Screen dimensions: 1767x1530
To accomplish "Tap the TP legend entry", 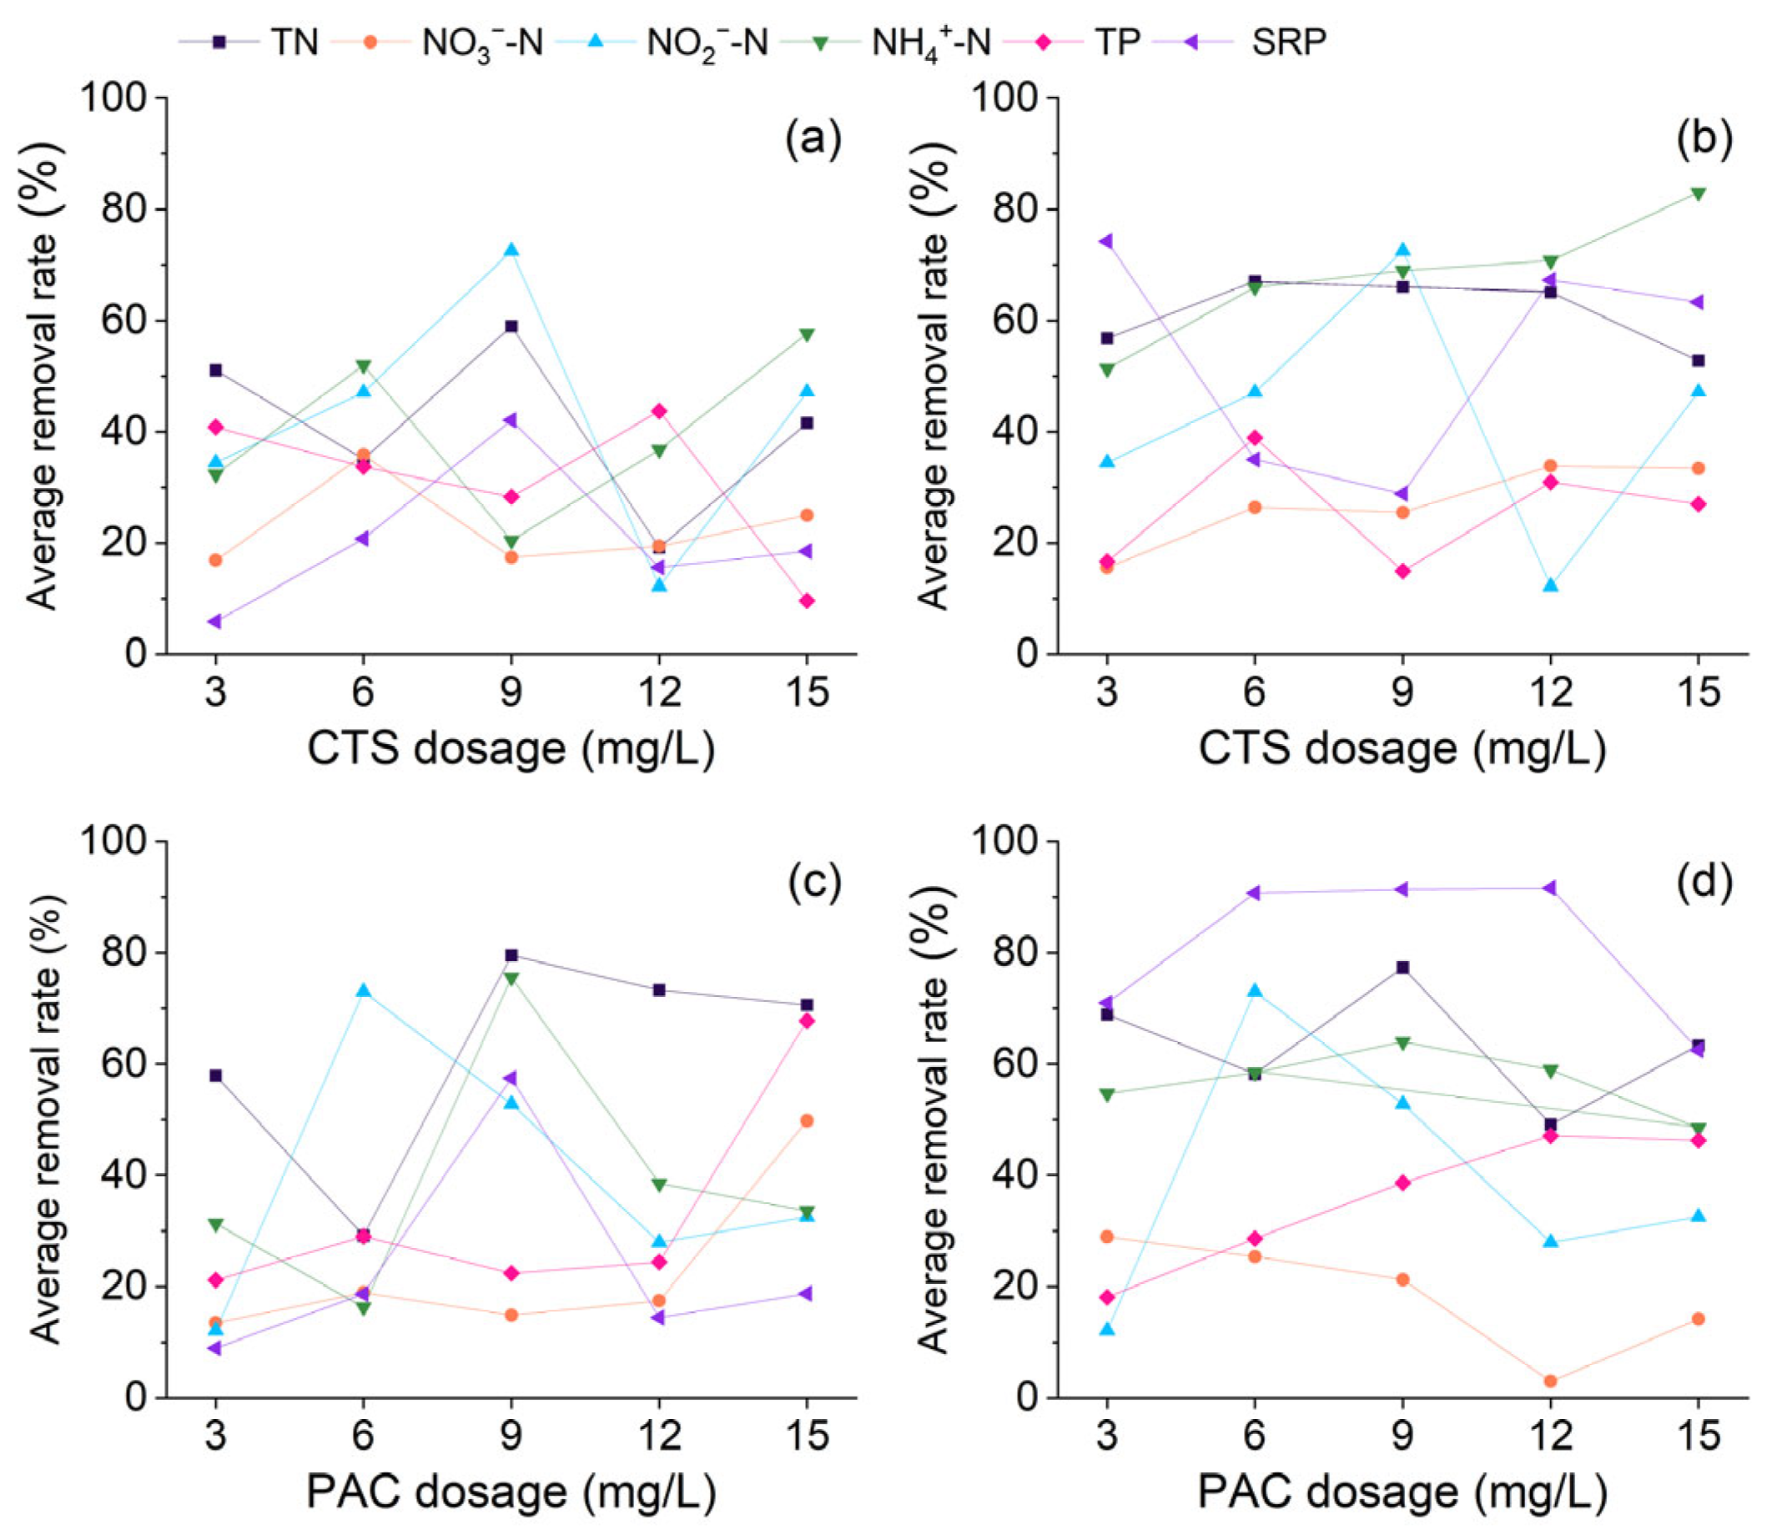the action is click(x=1080, y=41).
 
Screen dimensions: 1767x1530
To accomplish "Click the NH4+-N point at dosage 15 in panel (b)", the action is click(x=1698, y=194).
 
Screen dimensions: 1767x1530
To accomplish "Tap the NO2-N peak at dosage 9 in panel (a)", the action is click(x=511, y=249).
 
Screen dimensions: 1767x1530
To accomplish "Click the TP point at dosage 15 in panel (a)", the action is click(x=807, y=601).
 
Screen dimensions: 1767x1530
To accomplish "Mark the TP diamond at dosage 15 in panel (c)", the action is click(x=807, y=1021).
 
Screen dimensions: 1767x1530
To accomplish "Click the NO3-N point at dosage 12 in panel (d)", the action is click(x=1550, y=1381).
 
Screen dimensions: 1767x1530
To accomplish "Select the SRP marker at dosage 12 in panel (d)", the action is click(x=1550, y=888).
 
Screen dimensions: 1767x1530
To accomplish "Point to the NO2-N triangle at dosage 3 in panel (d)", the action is click(x=1107, y=1329).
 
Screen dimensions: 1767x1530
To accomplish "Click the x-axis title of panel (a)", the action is click(x=511, y=749).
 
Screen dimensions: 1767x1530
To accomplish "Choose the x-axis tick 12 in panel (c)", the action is click(x=660, y=1436).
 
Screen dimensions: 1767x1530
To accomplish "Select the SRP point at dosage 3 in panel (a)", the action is click(x=215, y=621).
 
